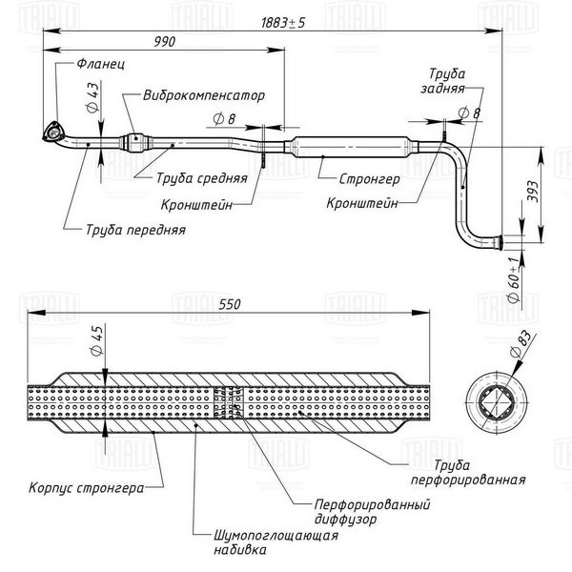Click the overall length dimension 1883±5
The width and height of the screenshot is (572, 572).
(x=283, y=23)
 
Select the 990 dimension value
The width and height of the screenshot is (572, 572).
(x=165, y=42)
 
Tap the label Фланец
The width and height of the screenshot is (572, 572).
(x=101, y=64)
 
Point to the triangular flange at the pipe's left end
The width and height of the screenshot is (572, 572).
(x=53, y=132)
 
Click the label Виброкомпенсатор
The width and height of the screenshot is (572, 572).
(x=204, y=95)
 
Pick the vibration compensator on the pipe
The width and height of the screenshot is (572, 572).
(x=135, y=142)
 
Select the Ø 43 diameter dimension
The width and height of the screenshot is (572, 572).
(x=92, y=97)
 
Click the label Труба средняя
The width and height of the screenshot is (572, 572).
(x=202, y=178)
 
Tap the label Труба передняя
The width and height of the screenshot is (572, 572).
(x=135, y=230)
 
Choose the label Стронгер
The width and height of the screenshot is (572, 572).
(x=369, y=179)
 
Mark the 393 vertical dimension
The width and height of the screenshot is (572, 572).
(x=533, y=192)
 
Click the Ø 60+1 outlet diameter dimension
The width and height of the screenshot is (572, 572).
(x=513, y=279)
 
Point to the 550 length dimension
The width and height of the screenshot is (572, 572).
(x=230, y=304)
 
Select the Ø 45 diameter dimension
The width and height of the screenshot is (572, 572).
(x=96, y=340)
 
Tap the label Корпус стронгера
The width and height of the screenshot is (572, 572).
(x=86, y=488)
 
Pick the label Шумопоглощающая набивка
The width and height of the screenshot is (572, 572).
(x=276, y=542)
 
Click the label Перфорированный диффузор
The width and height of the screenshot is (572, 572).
(x=372, y=512)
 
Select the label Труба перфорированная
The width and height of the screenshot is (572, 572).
(x=468, y=473)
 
